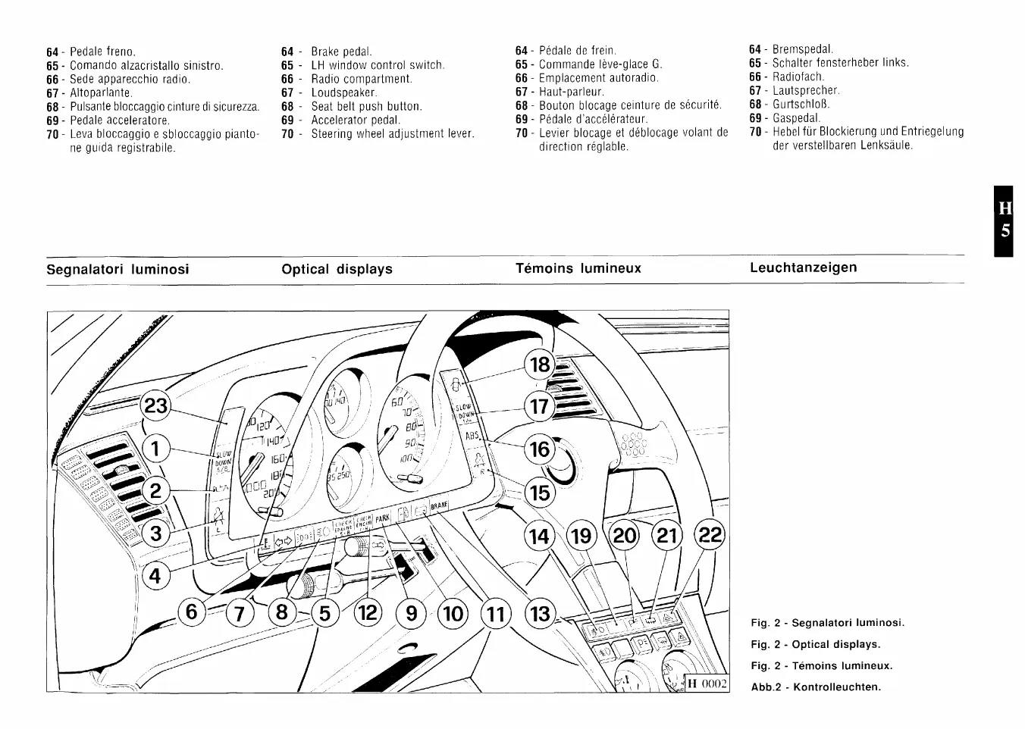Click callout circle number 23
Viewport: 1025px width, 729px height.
click(x=155, y=407)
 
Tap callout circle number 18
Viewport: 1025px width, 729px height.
click(x=541, y=365)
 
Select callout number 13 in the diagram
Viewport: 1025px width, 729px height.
click(x=541, y=612)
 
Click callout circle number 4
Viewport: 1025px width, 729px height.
click(x=155, y=576)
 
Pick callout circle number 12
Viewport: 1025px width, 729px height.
click(x=368, y=612)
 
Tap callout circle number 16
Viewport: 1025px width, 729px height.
click(x=541, y=449)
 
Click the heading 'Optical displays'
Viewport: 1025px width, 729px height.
click(x=337, y=269)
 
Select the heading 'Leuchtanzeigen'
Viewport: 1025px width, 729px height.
click(x=804, y=268)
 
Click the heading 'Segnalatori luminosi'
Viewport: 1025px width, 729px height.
click(x=118, y=269)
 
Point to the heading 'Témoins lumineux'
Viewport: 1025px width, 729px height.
click(x=578, y=268)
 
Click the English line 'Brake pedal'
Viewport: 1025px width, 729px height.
click(x=341, y=52)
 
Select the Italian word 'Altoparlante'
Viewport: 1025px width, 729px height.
click(x=101, y=92)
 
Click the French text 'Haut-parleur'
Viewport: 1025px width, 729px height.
click(x=571, y=92)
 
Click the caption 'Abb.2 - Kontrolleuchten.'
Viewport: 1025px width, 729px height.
click(x=816, y=687)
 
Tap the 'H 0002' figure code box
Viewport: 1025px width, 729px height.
click(x=707, y=684)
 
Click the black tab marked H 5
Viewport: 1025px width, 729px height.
click(x=1005, y=220)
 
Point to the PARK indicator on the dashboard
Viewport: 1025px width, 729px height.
click(x=382, y=518)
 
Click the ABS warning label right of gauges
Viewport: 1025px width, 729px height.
click(x=472, y=436)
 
